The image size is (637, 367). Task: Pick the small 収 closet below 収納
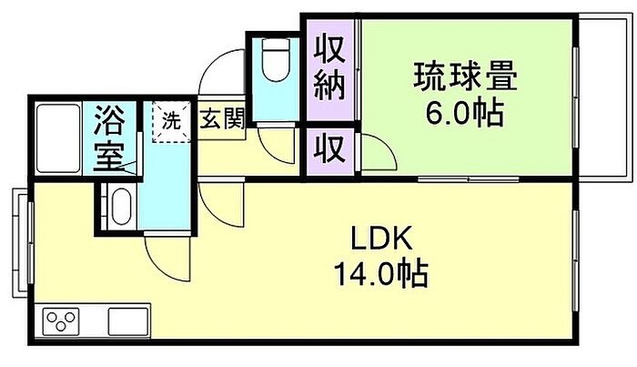click(x=329, y=147)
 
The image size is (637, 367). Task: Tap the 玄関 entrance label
click(x=220, y=119)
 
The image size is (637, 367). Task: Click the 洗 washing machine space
click(x=170, y=119)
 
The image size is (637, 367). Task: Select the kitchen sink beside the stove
click(x=126, y=322)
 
